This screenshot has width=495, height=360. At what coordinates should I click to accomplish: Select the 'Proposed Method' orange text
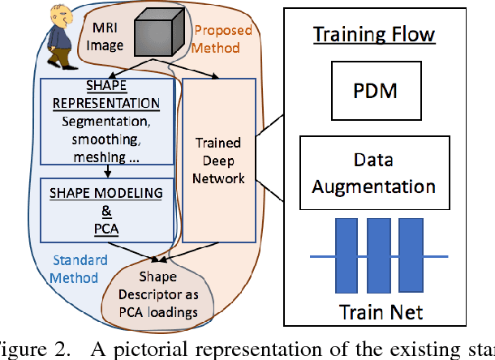coord(222,39)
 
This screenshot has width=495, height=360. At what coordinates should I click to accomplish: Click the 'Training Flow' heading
coord(374,35)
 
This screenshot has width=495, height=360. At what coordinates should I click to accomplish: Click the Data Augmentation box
coord(374,175)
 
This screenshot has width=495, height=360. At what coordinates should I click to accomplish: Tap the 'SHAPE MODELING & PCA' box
coord(107,211)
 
